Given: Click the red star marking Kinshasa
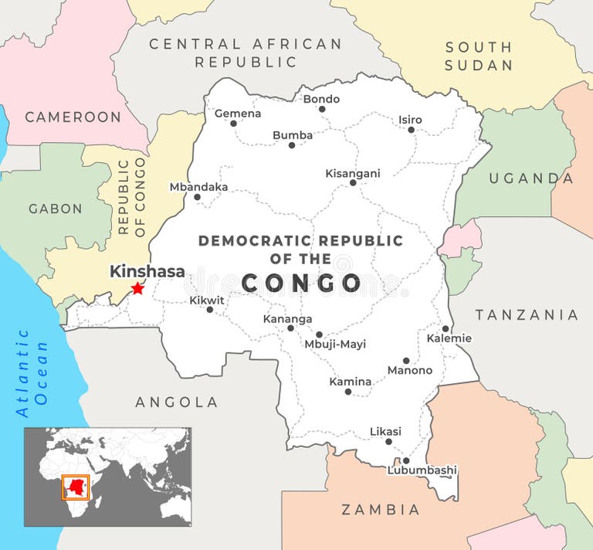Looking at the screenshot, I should [137, 288].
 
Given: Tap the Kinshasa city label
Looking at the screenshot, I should [147, 271].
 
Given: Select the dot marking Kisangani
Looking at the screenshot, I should [353, 183].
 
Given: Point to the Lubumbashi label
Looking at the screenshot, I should [422, 470].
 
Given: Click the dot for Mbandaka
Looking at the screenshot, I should [197, 197].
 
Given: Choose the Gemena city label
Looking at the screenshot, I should [237, 114].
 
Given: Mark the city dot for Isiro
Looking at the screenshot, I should [412, 130].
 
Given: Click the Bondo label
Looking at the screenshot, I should [321, 99].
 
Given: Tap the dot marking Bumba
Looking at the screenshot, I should [292, 145].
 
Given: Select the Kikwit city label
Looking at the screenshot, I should [207, 300].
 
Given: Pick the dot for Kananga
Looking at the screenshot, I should [291, 328].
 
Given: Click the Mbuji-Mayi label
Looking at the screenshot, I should [335, 345].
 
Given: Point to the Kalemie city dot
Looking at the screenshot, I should [446, 328].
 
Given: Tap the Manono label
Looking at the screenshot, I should [409, 370].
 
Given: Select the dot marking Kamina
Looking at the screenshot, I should [348, 392].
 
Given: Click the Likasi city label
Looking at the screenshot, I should [386, 430].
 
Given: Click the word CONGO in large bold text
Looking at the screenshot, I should [301, 283].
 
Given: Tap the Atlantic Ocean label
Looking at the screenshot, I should [32, 372].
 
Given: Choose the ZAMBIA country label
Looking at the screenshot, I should [381, 510].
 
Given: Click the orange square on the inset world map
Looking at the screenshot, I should [75, 487].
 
